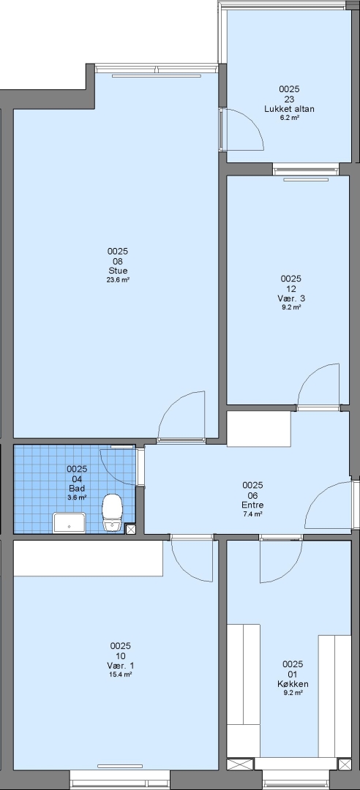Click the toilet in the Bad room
(112, 512)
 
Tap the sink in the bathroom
(70, 522)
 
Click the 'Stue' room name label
(118, 271)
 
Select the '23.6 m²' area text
(118, 280)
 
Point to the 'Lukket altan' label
(290, 109)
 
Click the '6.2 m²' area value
(290, 118)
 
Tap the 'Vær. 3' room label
(291, 298)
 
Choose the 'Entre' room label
(252, 505)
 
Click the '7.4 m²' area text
(252, 514)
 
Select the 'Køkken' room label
(293, 684)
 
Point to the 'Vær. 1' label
(121, 666)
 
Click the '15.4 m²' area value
(121, 674)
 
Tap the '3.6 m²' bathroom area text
(77, 497)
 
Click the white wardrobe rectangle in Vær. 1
(89, 558)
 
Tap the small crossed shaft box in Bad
(130, 529)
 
